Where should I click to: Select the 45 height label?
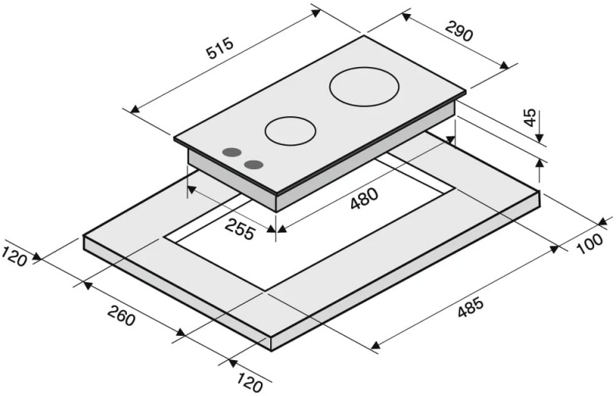coord(530,117)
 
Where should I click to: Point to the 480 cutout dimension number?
coord(364,200)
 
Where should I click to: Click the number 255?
coord(240,228)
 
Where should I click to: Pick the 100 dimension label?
coord(590,244)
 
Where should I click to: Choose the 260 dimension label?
coord(121,315)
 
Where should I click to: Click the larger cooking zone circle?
coord(364,87)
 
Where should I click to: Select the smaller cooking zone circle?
coord(290,131)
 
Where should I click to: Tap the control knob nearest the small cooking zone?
coord(254,164)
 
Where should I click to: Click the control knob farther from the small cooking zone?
coord(232,153)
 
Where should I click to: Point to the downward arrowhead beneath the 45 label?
coord(540,137)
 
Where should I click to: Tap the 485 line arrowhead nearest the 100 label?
coord(554,249)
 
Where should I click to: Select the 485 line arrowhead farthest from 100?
coord(375,345)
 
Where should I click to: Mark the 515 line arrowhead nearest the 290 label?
coord(316,13)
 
